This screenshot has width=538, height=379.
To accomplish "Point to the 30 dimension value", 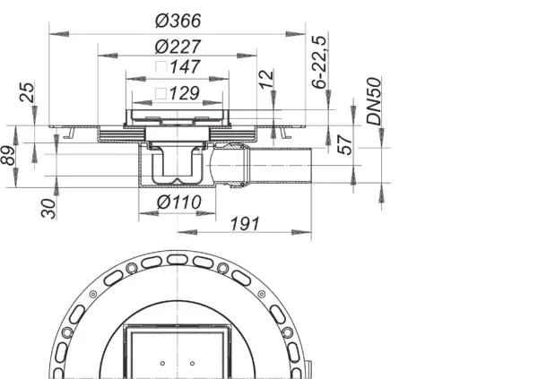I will click(50, 208).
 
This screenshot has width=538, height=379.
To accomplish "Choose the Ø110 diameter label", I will click(175, 202).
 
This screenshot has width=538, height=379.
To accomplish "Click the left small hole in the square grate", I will click(163, 364).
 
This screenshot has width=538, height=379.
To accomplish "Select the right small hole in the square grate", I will click(193, 364).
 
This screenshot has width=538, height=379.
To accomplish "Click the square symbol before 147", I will click(160, 67).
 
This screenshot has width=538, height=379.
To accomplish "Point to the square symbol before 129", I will click(160, 93).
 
